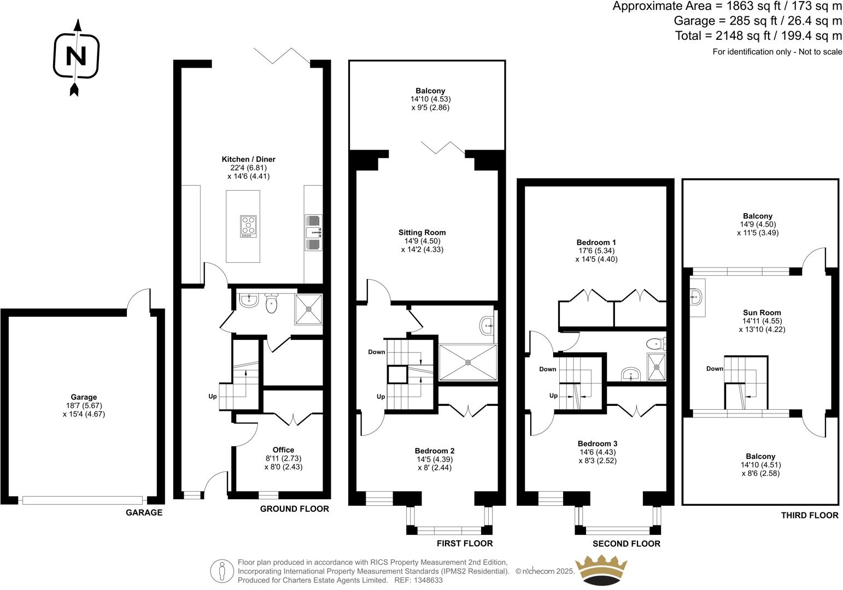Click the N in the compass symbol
(76, 56)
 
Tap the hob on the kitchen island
(248, 226)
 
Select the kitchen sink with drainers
(313, 232)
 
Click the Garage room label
(84, 397)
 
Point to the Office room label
(283, 450)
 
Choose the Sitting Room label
(422, 232)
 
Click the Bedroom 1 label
(596, 242)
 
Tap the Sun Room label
(762, 312)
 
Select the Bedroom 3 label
(598, 444)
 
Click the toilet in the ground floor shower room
(271, 303)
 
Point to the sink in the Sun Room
(696, 297)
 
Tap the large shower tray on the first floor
(468, 363)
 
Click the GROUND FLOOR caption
(295, 509)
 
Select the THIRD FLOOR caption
(810, 515)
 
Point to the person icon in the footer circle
(222, 571)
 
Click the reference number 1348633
(428, 580)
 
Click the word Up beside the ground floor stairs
(213, 397)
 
